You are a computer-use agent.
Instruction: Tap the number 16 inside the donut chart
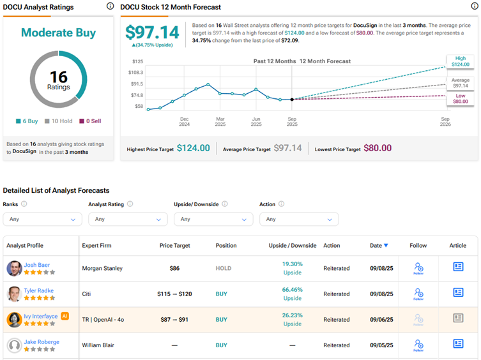tap(58, 75)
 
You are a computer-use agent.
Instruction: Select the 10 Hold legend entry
tap(59, 121)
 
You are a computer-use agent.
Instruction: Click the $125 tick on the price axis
tap(137, 61)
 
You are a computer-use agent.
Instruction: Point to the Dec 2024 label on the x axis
tap(184, 121)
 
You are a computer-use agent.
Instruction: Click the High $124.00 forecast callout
tap(461, 61)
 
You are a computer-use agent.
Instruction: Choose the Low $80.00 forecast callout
tap(461, 97)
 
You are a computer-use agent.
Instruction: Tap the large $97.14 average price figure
tap(152, 32)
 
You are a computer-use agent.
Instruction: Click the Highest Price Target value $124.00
tap(193, 148)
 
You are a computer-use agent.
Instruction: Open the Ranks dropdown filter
tap(42, 219)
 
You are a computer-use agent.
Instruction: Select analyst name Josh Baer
tap(37, 264)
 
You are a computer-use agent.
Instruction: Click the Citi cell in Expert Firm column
tap(88, 294)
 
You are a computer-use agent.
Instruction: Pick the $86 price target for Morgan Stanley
tap(174, 268)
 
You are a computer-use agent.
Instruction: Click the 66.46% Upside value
tap(292, 289)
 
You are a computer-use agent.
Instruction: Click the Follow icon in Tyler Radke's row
tap(418, 294)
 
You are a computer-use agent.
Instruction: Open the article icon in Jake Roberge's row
tap(457, 343)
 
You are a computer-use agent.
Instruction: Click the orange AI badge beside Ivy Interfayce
tap(64, 316)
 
